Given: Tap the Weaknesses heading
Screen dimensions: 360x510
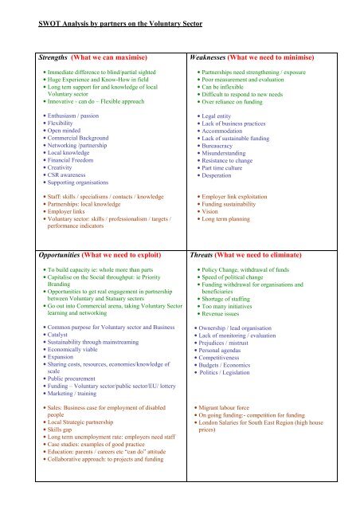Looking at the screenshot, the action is (x=213, y=57).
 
